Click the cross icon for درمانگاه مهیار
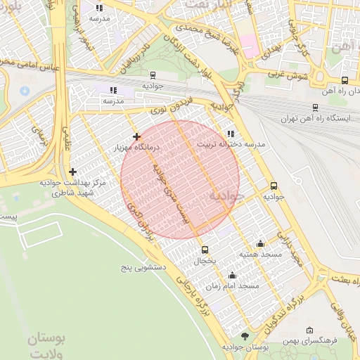click(136, 136)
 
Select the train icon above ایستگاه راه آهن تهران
click(314, 108)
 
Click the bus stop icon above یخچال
click(205, 250)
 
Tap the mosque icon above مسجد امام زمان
click(232, 276)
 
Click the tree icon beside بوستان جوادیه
click(245, 337)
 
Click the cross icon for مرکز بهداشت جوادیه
click(73, 172)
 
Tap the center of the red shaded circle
click(180, 179)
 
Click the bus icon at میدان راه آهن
click(345, 80)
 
